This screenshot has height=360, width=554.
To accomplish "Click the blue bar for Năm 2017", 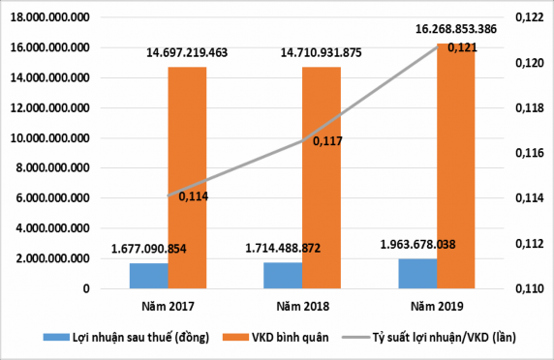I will tap(148, 276).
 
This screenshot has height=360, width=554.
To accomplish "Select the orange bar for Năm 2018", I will tap(321, 178).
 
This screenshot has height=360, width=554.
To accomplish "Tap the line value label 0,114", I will tap(192, 196).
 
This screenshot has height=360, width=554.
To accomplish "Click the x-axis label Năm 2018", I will tap(302, 308).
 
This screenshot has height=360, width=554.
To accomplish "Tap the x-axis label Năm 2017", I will tap(168, 308).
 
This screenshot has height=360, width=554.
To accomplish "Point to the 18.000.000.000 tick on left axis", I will tap(48, 17).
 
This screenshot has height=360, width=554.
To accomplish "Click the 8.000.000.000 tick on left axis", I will tap(51, 168).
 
